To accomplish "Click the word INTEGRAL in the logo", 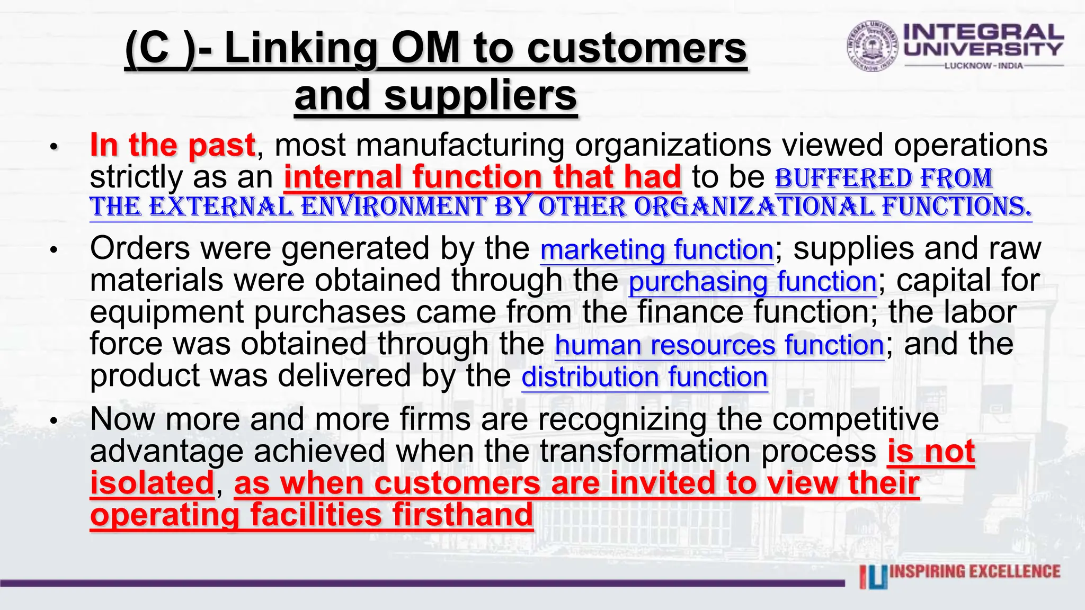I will [983, 32].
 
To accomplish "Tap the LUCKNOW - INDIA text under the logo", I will [983, 66].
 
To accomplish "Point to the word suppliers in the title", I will [480, 96].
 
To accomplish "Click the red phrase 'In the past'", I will [173, 145].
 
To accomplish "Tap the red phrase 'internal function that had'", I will [482, 177].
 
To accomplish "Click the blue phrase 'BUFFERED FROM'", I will [883, 178].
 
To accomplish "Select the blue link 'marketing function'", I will [657, 249].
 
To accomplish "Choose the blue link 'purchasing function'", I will [752, 282].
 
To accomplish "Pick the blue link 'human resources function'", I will [719, 345].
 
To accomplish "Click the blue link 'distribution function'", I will [644, 377].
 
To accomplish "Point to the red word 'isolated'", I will [152, 483].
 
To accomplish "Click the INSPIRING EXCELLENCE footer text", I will [975, 572].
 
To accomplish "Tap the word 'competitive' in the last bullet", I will [855, 419].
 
